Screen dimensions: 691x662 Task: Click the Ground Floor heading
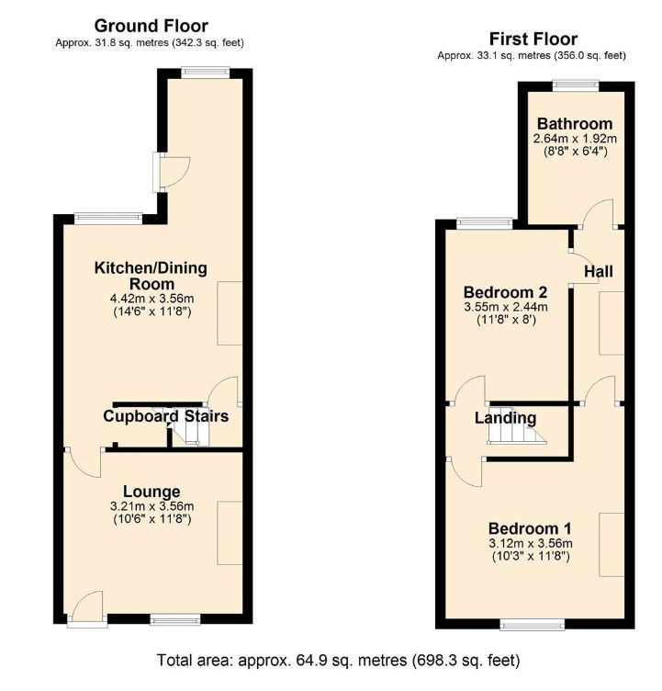click(151, 26)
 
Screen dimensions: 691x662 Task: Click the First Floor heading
click(533, 39)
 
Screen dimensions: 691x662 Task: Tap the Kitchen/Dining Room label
click(151, 276)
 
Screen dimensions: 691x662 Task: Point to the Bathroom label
click(575, 124)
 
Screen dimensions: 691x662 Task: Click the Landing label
click(505, 418)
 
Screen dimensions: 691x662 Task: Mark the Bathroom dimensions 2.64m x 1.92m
click(575, 140)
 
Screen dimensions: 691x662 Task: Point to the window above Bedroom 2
click(486, 222)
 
